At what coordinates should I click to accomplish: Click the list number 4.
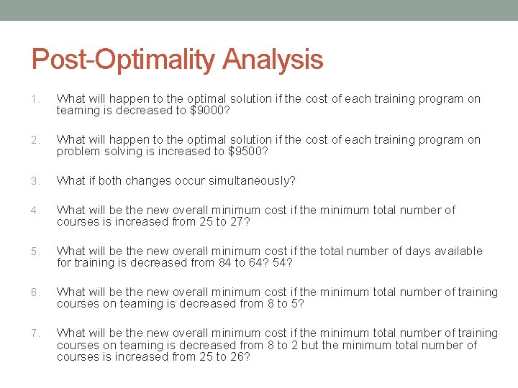(35, 211)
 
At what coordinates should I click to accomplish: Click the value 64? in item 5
(256, 263)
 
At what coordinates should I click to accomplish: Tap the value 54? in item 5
(284, 263)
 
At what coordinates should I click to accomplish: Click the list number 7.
(35, 333)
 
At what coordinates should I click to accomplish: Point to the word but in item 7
(311, 346)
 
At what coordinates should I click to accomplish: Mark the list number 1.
(35, 99)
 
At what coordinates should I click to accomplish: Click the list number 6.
(35, 292)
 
